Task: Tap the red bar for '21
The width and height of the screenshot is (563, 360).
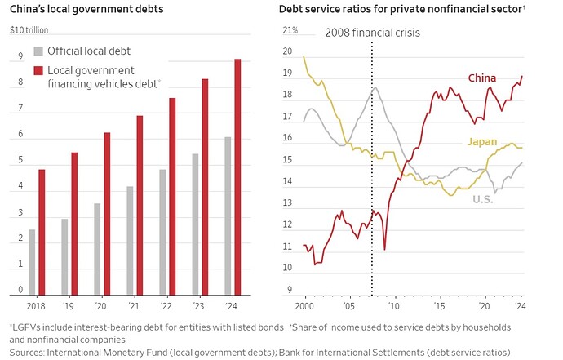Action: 140,204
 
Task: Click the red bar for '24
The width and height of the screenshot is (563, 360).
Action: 237,176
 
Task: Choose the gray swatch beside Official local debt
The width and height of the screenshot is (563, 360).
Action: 38,51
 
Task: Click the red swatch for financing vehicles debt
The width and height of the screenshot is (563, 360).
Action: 38,72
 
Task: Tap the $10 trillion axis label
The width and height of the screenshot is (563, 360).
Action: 30,30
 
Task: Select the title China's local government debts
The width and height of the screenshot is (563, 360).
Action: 86,10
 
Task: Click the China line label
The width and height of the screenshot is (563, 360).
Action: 481,78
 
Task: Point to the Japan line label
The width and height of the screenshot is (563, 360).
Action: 481,142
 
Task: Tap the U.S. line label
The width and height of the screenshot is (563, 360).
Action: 483,198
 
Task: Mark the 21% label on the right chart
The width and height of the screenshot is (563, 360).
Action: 290,30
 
